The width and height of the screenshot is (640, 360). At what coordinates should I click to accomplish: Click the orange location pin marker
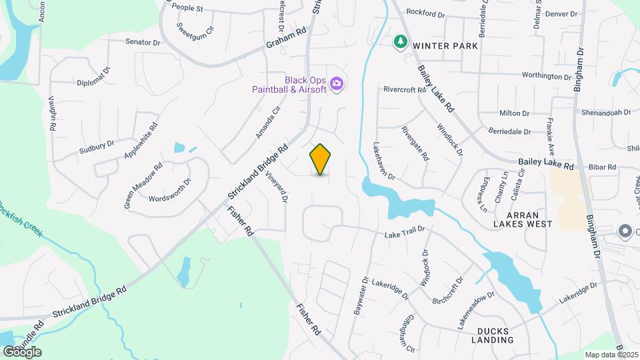321,159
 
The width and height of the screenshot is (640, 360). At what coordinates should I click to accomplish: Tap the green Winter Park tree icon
400,42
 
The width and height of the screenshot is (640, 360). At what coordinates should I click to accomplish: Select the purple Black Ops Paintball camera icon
337,83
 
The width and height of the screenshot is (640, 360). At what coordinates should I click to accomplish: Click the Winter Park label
445,46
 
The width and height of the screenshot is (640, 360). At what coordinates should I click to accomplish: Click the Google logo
22,351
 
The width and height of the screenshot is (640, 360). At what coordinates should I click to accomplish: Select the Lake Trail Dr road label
405,235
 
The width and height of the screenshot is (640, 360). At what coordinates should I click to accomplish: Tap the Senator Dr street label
143,41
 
